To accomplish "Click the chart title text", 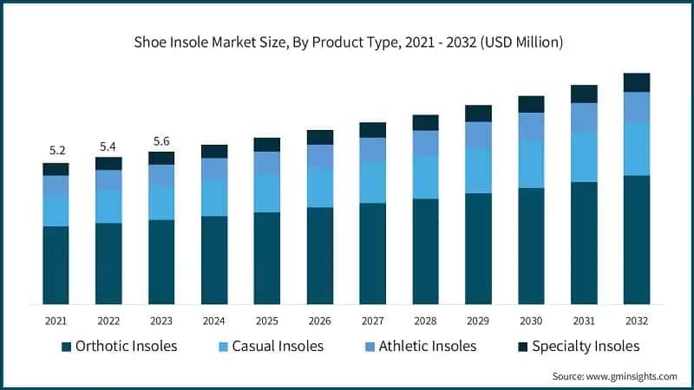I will pyautogui.click(x=347, y=42).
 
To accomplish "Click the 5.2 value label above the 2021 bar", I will pyautogui.click(x=56, y=150).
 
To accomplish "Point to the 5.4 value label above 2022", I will pyautogui.click(x=108, y=145).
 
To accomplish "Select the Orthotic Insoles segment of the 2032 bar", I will pyautogui.click(x=637, y=239).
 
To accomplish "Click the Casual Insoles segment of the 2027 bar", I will pyautogui.click(x=373, y=182).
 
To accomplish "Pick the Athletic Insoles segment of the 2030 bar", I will pyautogui.click(x=531, y=127).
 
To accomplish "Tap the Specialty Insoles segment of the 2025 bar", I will pyautogui.click(x=267, y=145).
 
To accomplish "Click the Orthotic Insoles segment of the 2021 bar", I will pyautogui.click(x=56, y=264).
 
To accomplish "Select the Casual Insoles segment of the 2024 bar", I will pyautogui.click(x=214, y=198).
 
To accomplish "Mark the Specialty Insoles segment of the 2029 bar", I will pyautogui.click(x=478, y=114).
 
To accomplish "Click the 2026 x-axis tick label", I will pyautogui.click(x=320, y=320).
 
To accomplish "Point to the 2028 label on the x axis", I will pyautogui.click(x=425, y=320).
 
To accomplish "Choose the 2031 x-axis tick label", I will pyautogui.click(x=584, y=320).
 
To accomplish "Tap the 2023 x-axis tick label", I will pyautogui.click(x=161, y=320).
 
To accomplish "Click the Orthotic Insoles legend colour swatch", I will pyautogui.click(x=67, y=347).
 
